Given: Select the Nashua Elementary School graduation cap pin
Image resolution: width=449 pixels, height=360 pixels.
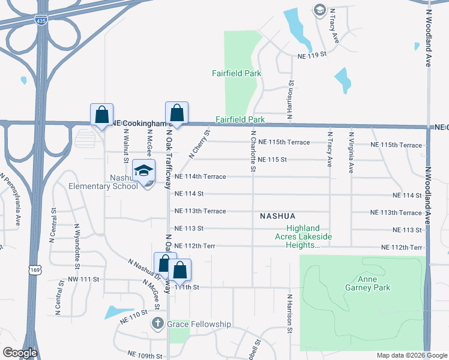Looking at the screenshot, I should (x=144, y=171).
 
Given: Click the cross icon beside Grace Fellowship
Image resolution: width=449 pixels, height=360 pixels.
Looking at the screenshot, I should (x=157, y=324).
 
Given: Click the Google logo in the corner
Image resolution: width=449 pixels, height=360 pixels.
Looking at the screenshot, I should (x=20, y=353).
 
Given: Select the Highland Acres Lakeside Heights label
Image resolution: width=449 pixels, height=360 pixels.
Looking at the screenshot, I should (x=310, y=237).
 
